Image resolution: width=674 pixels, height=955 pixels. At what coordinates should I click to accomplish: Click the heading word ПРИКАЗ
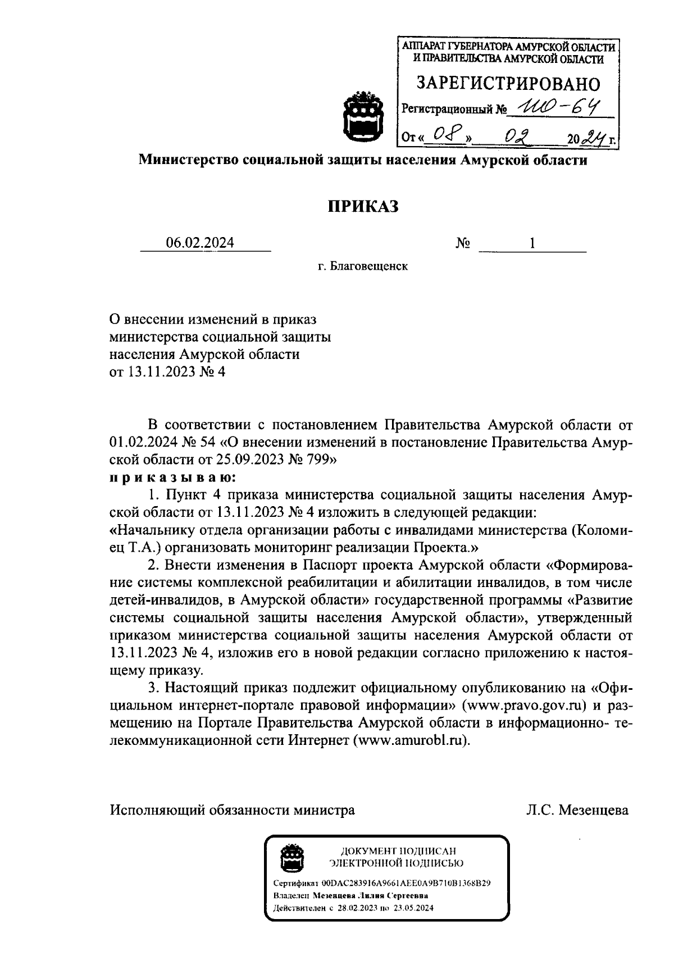tap(363, 207)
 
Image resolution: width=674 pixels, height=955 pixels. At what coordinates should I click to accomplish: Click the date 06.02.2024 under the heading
tap(200, 243)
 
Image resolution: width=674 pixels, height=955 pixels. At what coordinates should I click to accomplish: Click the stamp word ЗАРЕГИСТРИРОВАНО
tap(508, 84)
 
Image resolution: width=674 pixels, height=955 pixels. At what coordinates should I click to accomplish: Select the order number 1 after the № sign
tap(531, 243)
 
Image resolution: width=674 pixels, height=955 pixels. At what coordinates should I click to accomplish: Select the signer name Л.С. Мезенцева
tap(577, 810)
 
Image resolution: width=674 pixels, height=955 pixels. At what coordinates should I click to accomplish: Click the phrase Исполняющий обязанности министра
tap(232, 810)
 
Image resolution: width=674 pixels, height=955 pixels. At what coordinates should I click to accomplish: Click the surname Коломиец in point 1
tap(604, 530)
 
